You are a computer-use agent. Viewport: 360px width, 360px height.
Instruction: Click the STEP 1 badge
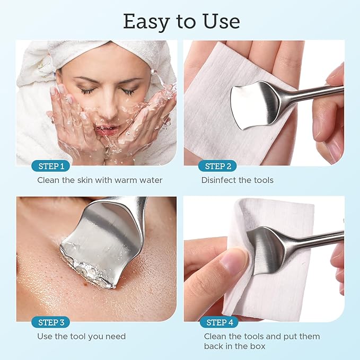[51, 166]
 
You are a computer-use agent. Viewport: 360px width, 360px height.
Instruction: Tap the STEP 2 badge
[218, 166]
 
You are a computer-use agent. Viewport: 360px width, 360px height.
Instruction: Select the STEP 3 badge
[51, 322]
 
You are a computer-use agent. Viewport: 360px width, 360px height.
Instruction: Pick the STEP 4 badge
[220, 322]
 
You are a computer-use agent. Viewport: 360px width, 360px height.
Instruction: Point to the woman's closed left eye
[128, 92]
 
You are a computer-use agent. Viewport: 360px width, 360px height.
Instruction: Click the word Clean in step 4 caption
[215, 336]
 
